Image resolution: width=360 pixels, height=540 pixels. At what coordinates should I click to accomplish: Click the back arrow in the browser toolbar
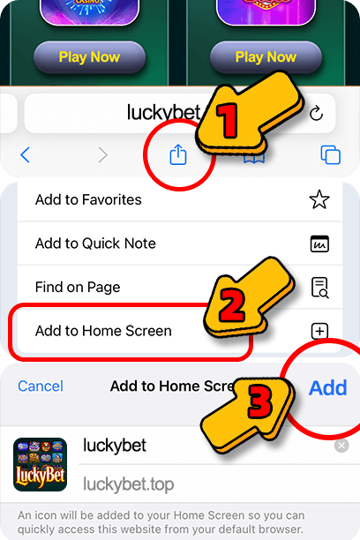click(25, 155)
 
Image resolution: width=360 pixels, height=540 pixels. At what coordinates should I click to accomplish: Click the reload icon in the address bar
click(317, 114)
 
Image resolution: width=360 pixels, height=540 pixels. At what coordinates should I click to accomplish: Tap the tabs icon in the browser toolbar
click(331, 155)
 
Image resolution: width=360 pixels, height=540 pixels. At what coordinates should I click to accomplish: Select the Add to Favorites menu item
click(88, 199)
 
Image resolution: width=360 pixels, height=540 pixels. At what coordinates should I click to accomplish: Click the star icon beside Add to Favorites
click(319, 199)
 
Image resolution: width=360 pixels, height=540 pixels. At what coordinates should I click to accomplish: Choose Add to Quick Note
click(95, 244)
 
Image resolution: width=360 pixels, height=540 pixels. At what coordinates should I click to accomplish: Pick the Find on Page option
click(78, 287)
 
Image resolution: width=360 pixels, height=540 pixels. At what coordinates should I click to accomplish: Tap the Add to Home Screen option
click(103, 331)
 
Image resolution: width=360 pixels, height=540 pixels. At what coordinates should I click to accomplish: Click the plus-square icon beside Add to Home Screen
click(319, 332)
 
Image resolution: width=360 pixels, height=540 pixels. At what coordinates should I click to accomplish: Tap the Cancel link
click(41, 386)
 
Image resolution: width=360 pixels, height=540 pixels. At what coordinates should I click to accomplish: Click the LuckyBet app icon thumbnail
click(41, 464)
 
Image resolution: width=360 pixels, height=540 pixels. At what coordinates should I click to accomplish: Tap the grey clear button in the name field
click(341, 446)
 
